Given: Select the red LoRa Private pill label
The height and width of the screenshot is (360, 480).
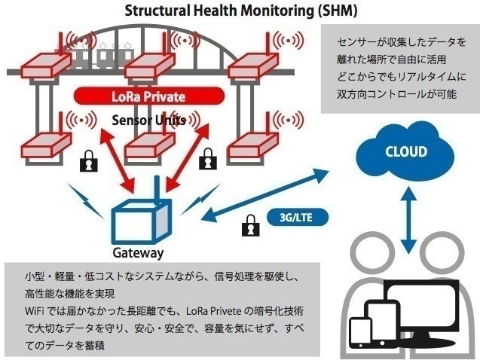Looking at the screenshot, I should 148,96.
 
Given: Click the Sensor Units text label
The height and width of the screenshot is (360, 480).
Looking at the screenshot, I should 148,121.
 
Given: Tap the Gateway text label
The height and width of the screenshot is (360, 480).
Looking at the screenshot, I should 137,253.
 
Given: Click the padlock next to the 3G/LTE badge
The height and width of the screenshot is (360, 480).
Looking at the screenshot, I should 249,224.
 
